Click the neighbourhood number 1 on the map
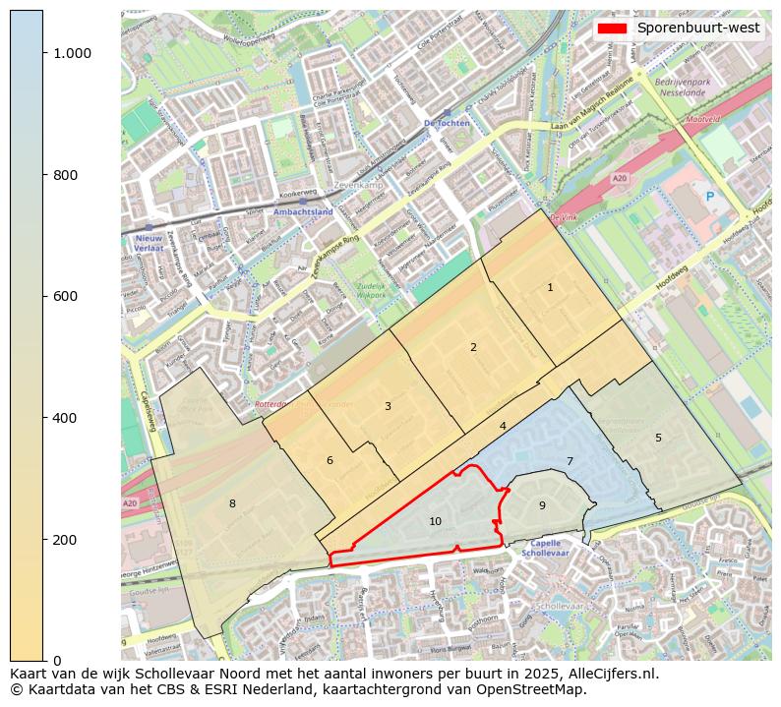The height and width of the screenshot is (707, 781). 550,287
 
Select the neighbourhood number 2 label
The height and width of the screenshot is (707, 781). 473,347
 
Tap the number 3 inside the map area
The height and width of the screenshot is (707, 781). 388,406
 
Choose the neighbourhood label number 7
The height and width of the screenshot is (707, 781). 570,461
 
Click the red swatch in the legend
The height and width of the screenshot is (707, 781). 612,28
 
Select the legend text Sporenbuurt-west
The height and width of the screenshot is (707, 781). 697,28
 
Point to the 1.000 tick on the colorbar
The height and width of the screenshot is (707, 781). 72,53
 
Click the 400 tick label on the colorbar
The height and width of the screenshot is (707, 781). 64,418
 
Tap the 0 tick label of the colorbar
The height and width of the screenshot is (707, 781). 57,661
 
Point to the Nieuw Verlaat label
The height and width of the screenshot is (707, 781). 149,243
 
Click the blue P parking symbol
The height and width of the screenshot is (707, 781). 710,197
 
